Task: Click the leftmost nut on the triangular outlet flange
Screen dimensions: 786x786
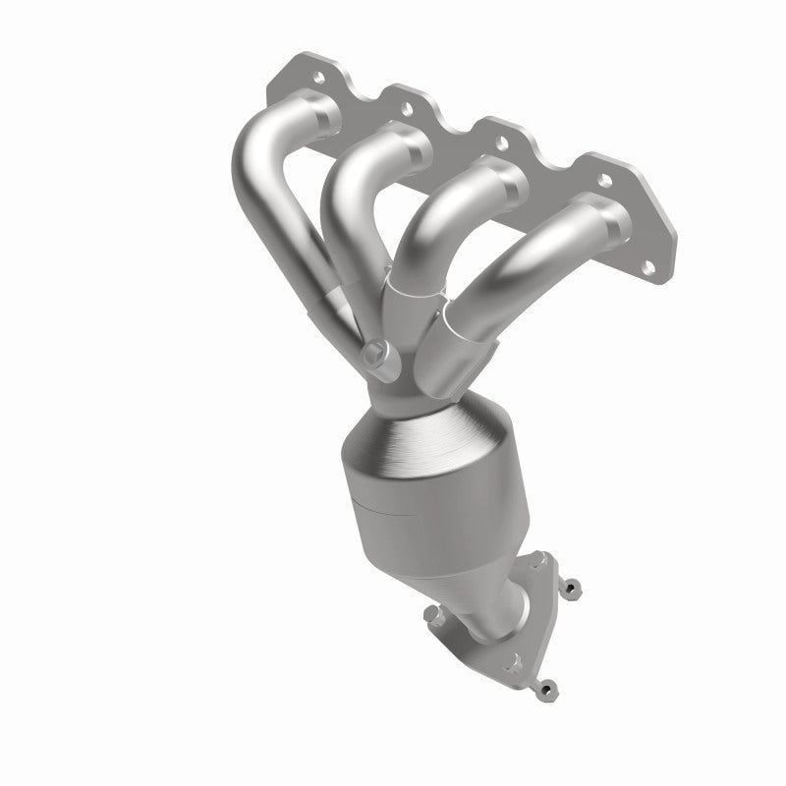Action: pyautogui.click(x=433, y=617)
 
